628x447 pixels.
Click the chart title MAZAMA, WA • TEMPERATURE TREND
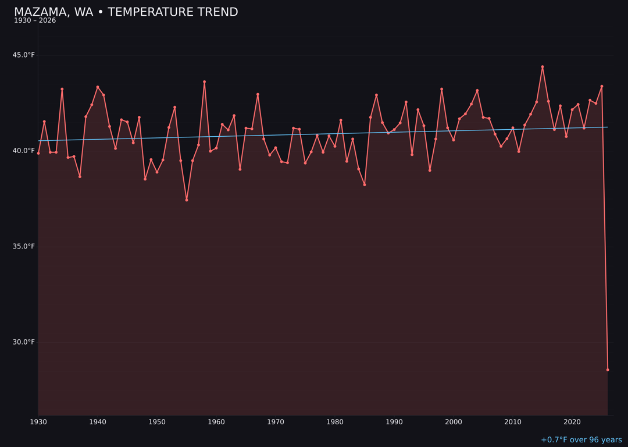click(x=126, y=12)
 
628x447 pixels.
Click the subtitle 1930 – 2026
click(x=35, y=21)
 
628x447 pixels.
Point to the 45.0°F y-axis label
click(x=24, y=55)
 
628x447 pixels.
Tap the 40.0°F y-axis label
click(x=24, y=151)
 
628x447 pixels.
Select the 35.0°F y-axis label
click(x=24, y=246)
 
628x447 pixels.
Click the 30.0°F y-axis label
click(x=24, y=342)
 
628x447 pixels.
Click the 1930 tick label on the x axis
click(x=38, y=422)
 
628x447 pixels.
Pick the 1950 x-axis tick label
click(x=157, y=422)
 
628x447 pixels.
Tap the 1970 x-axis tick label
click(x=276, y=422)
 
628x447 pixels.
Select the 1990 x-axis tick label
click(x=394, y=422)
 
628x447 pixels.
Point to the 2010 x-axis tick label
click(x=513, y=422)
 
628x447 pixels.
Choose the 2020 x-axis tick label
click(x=572, y=422)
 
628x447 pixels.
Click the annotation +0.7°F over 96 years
click(x=581, y=440)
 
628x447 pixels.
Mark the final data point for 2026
click(x=608, y=370)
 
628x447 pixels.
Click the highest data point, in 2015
click(x=543, y=67)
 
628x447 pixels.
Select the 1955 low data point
click(x=187, y=200)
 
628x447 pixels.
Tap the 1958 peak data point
click(x=204, y=82)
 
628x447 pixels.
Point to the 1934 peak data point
click(x=62, y=89)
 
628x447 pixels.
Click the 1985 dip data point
click(x=365, y=185)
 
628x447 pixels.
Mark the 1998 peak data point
click(x=441, y=89)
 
